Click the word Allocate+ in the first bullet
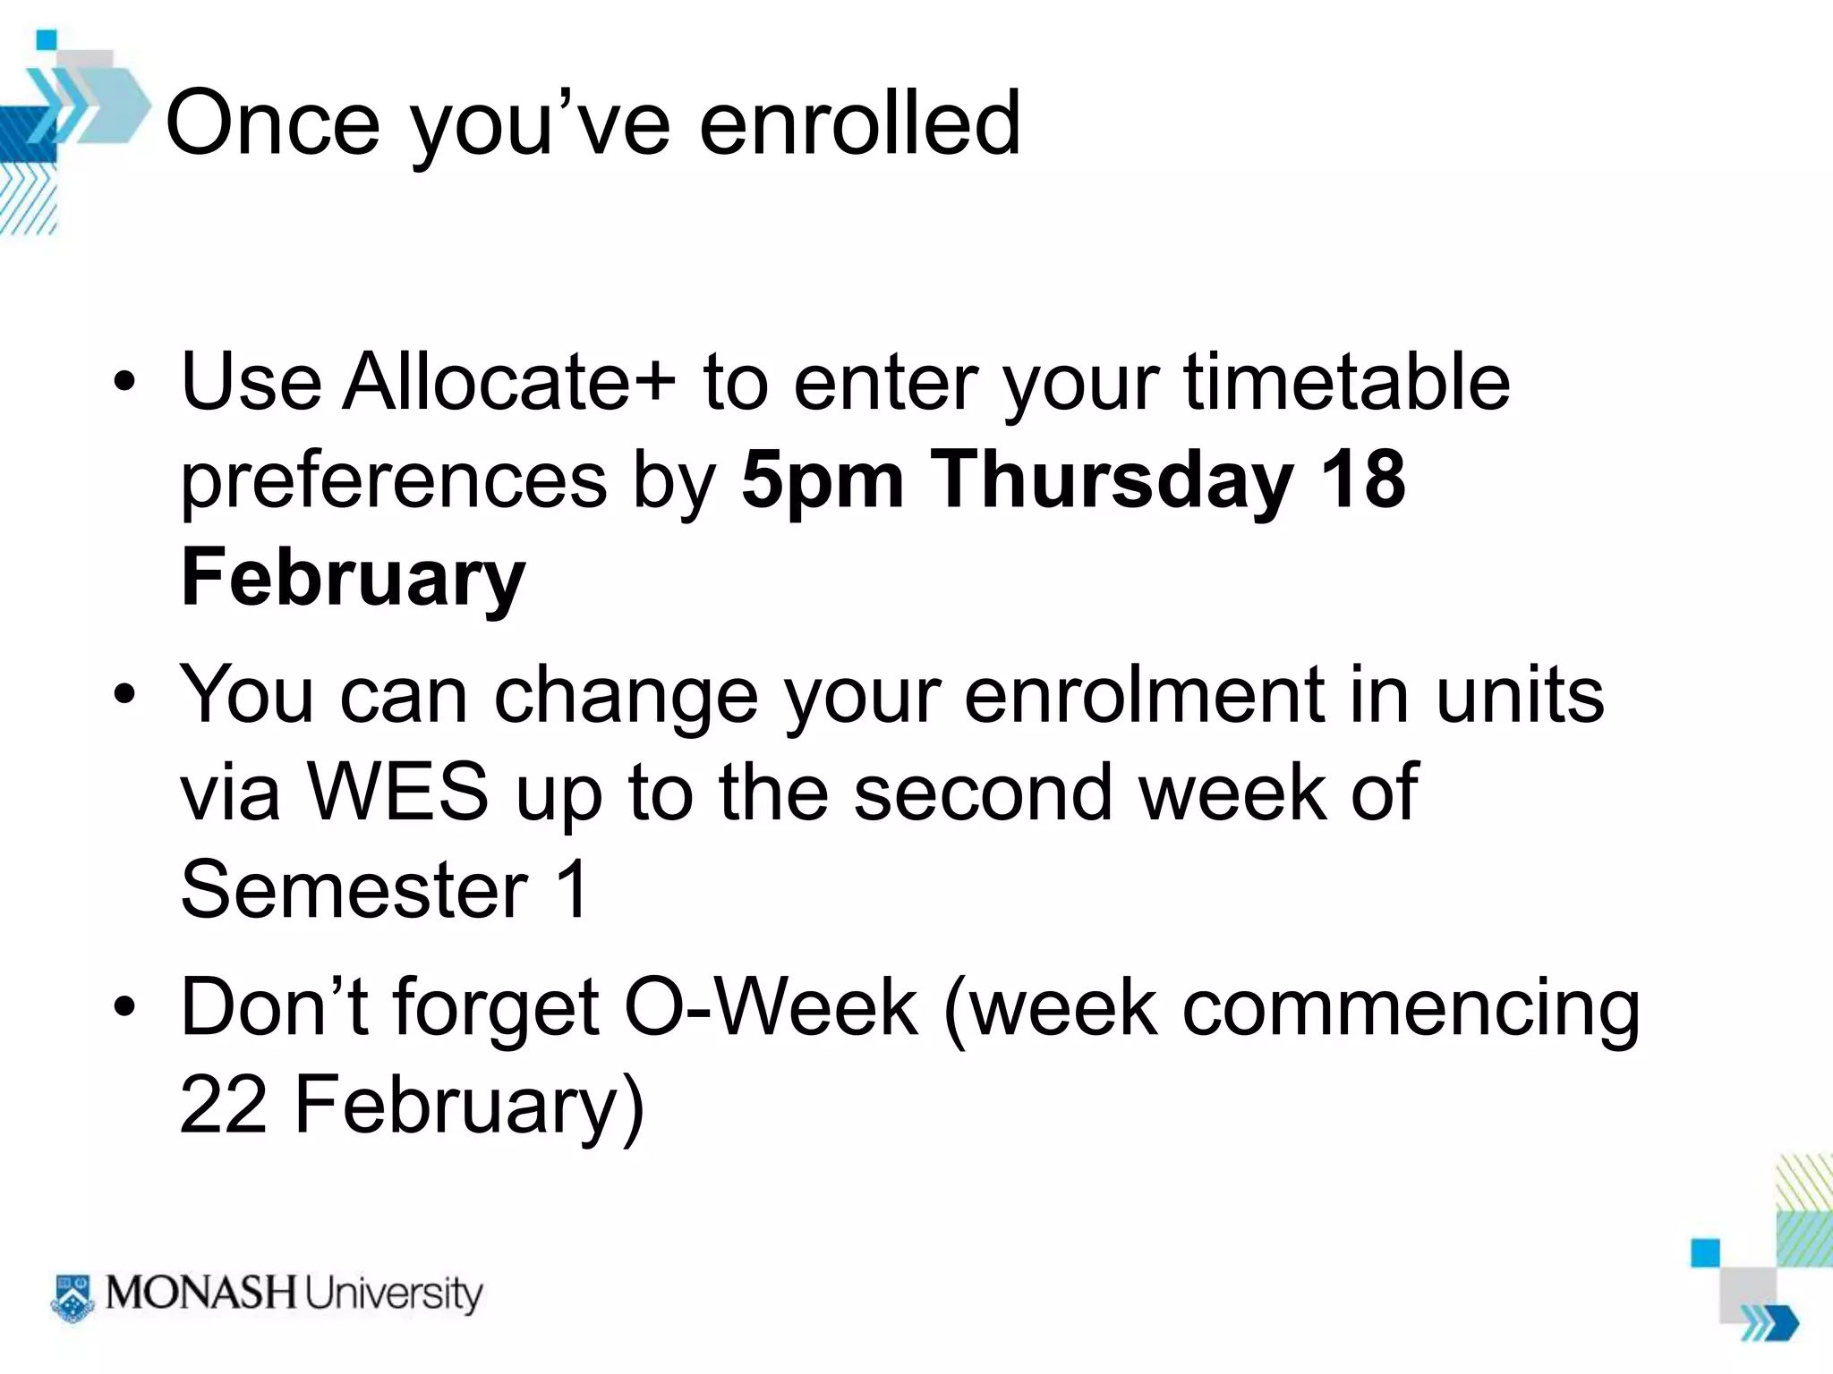point(508,382)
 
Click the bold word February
point(353,579)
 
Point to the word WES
point(397,793)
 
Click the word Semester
point(354,889)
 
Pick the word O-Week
point(771,1008)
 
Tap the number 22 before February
point(223,1105)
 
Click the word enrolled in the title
point(859,123)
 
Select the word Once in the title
point(273,123)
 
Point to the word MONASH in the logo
point(200,1293)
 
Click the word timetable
point(1347,382)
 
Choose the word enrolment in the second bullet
point(1145,695)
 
